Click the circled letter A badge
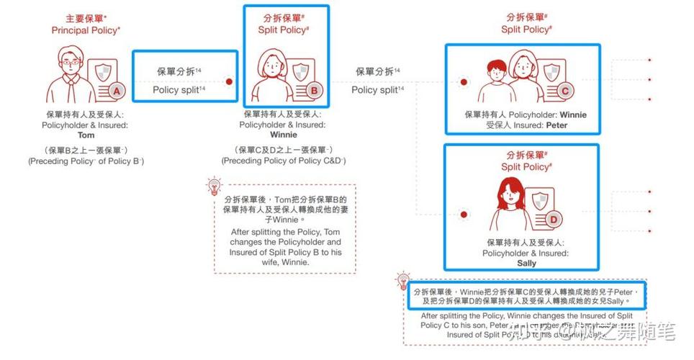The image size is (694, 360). point(117,90)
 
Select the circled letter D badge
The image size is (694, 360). point(553,219)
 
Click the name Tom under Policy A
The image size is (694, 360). point(86,135)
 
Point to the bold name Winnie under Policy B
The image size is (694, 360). point(283,135)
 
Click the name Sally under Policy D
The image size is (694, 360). point(527,264)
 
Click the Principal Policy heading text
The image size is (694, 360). point(85,30)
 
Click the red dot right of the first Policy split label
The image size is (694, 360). point(229,81)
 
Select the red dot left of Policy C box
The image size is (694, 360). point(464,83)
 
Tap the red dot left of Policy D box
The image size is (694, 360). point(464,212)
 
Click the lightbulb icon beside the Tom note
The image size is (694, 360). point(213,187)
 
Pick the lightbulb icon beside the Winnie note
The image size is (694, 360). point(403,282)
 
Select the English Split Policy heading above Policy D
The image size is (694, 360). point(526,166)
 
